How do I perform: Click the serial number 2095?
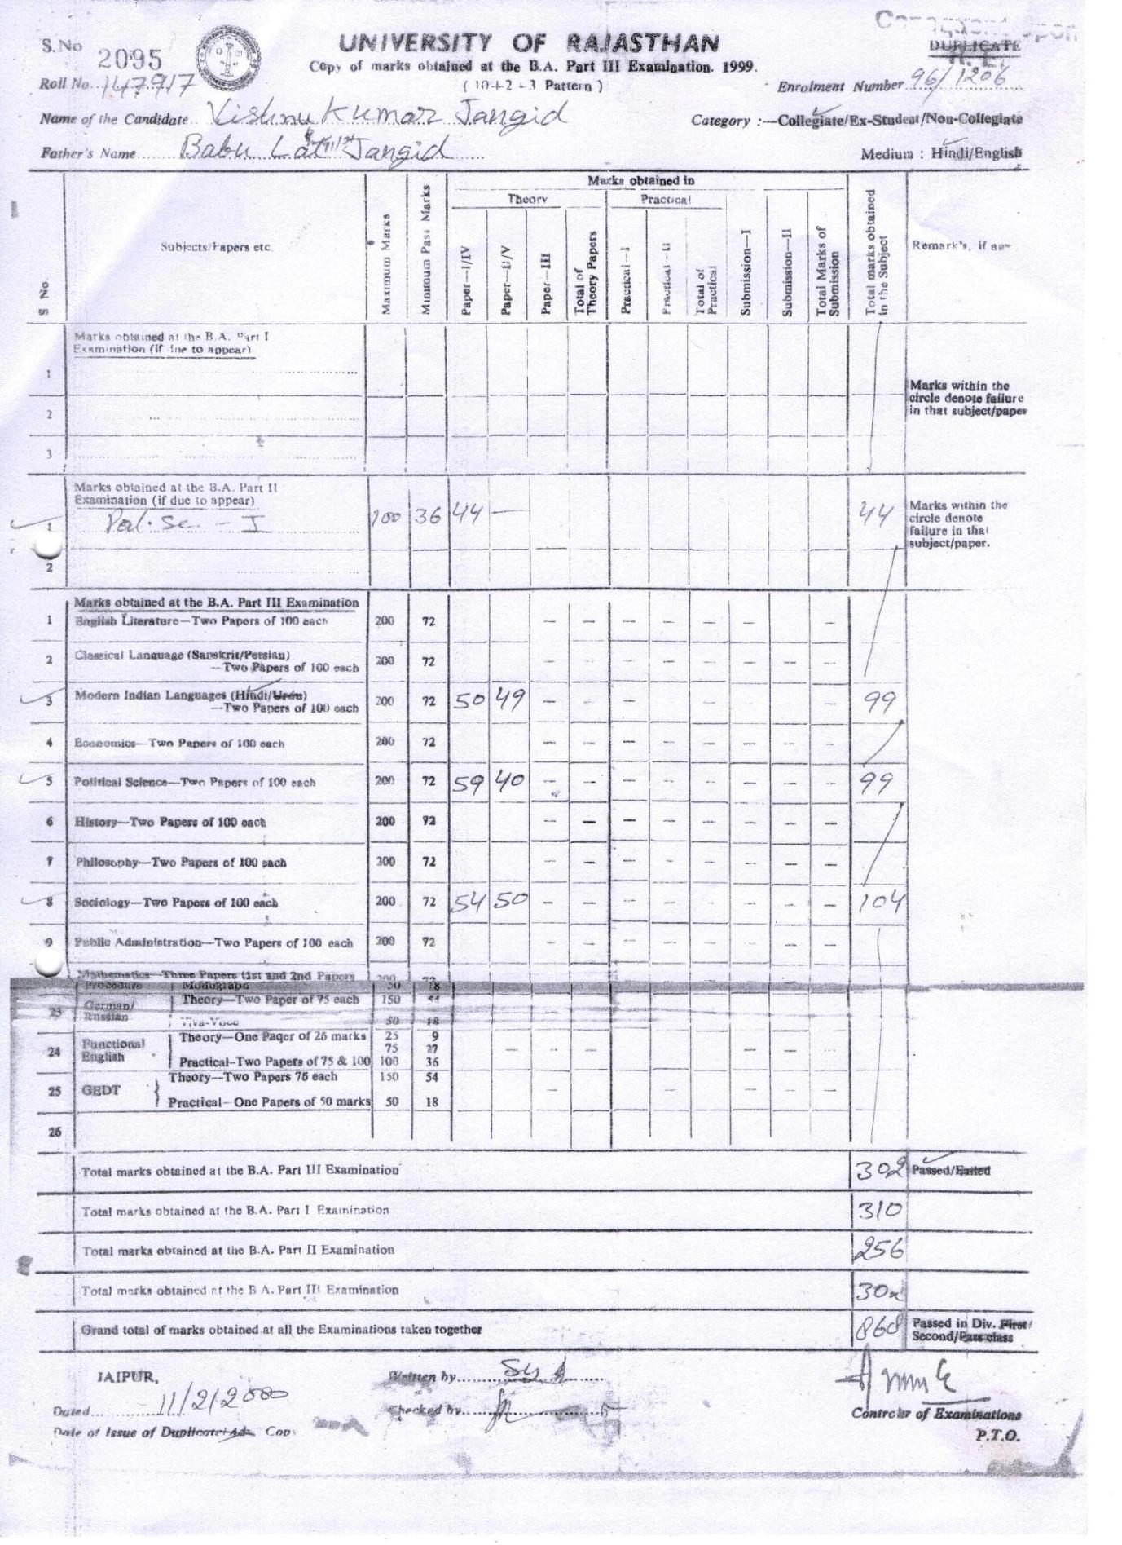[x=130, y=59]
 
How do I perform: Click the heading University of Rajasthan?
[x=529, y=42]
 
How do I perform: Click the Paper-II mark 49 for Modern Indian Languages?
[x=508, y=698]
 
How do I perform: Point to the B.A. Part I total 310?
[x=877, y=1211]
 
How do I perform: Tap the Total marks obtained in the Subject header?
[x=877, y=253]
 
